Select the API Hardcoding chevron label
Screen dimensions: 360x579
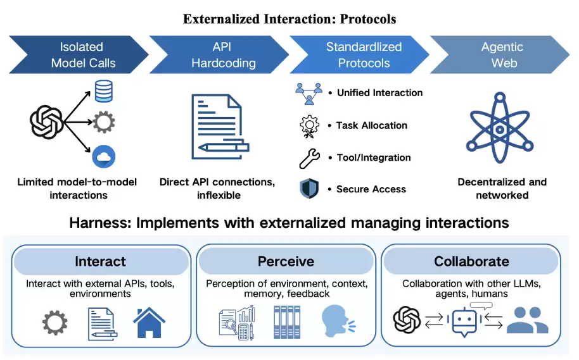coord(224,55)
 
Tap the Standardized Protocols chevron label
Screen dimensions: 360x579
coord(364,55)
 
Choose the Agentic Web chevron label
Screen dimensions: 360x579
coord(502,55)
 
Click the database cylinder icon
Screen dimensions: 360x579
coord(103,91)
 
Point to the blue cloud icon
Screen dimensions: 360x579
coord(103,156)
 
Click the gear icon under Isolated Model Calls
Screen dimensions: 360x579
coord(103,121)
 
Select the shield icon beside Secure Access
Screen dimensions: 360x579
coord(309,189)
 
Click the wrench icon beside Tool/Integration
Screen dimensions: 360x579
coord(309,158)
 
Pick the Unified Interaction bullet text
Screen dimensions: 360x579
coord(379,93)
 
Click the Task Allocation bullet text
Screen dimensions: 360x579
coord(372,125)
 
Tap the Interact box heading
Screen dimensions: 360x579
coord(100,261)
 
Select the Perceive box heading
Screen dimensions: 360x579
coord(286,261)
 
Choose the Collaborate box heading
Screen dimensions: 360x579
coord(471,261)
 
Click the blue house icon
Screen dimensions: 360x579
coord(149,322)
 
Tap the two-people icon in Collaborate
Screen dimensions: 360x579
coord(527,320)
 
